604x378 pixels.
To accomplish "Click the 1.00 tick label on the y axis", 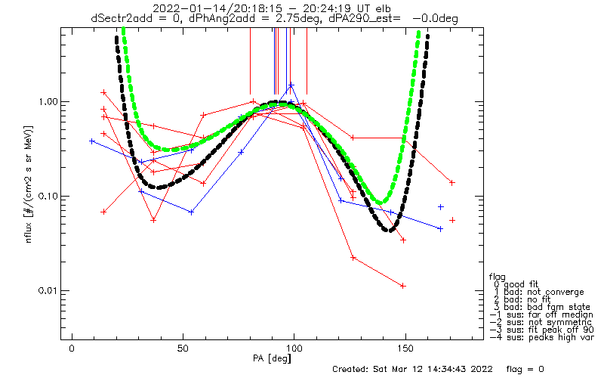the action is (46, 101).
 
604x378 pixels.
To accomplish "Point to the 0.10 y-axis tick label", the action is (46, 196).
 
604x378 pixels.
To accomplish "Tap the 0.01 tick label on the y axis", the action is (46, 290).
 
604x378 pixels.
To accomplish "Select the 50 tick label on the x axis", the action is (183, 349).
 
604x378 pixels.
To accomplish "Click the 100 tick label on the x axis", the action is (294, 349).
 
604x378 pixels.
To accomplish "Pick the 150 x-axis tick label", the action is (405, 349).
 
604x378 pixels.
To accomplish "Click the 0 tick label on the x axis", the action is (72, 349).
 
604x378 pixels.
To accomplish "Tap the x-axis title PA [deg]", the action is (272, 358).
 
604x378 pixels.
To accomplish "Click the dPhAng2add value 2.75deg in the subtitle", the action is (300, 18).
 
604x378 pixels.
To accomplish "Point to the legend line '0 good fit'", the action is (516, 284).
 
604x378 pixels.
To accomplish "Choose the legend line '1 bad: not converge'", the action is (539, 292).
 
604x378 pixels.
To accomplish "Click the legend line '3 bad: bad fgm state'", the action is (542, 307).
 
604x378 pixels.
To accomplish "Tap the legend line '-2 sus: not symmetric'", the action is (541, 322).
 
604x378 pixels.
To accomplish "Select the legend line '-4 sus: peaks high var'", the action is (541, 337).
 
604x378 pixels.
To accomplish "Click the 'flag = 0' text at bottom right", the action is (525, 369).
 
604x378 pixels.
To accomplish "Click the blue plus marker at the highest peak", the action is (291, 85).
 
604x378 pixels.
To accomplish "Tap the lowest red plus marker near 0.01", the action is (403, 286).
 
